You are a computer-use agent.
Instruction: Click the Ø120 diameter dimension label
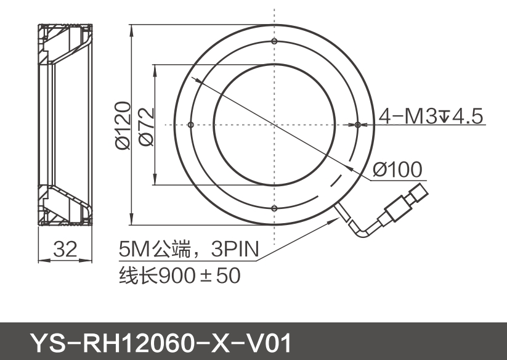[123, 125]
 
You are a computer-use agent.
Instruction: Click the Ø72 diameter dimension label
[147, 126]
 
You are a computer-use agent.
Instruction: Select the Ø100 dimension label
[398, 169]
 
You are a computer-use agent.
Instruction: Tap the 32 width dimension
[65, 250]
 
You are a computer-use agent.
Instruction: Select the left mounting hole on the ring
[191, 125]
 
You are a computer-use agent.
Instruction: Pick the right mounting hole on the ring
[358, 125]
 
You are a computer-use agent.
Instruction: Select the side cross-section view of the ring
[65, 125]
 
